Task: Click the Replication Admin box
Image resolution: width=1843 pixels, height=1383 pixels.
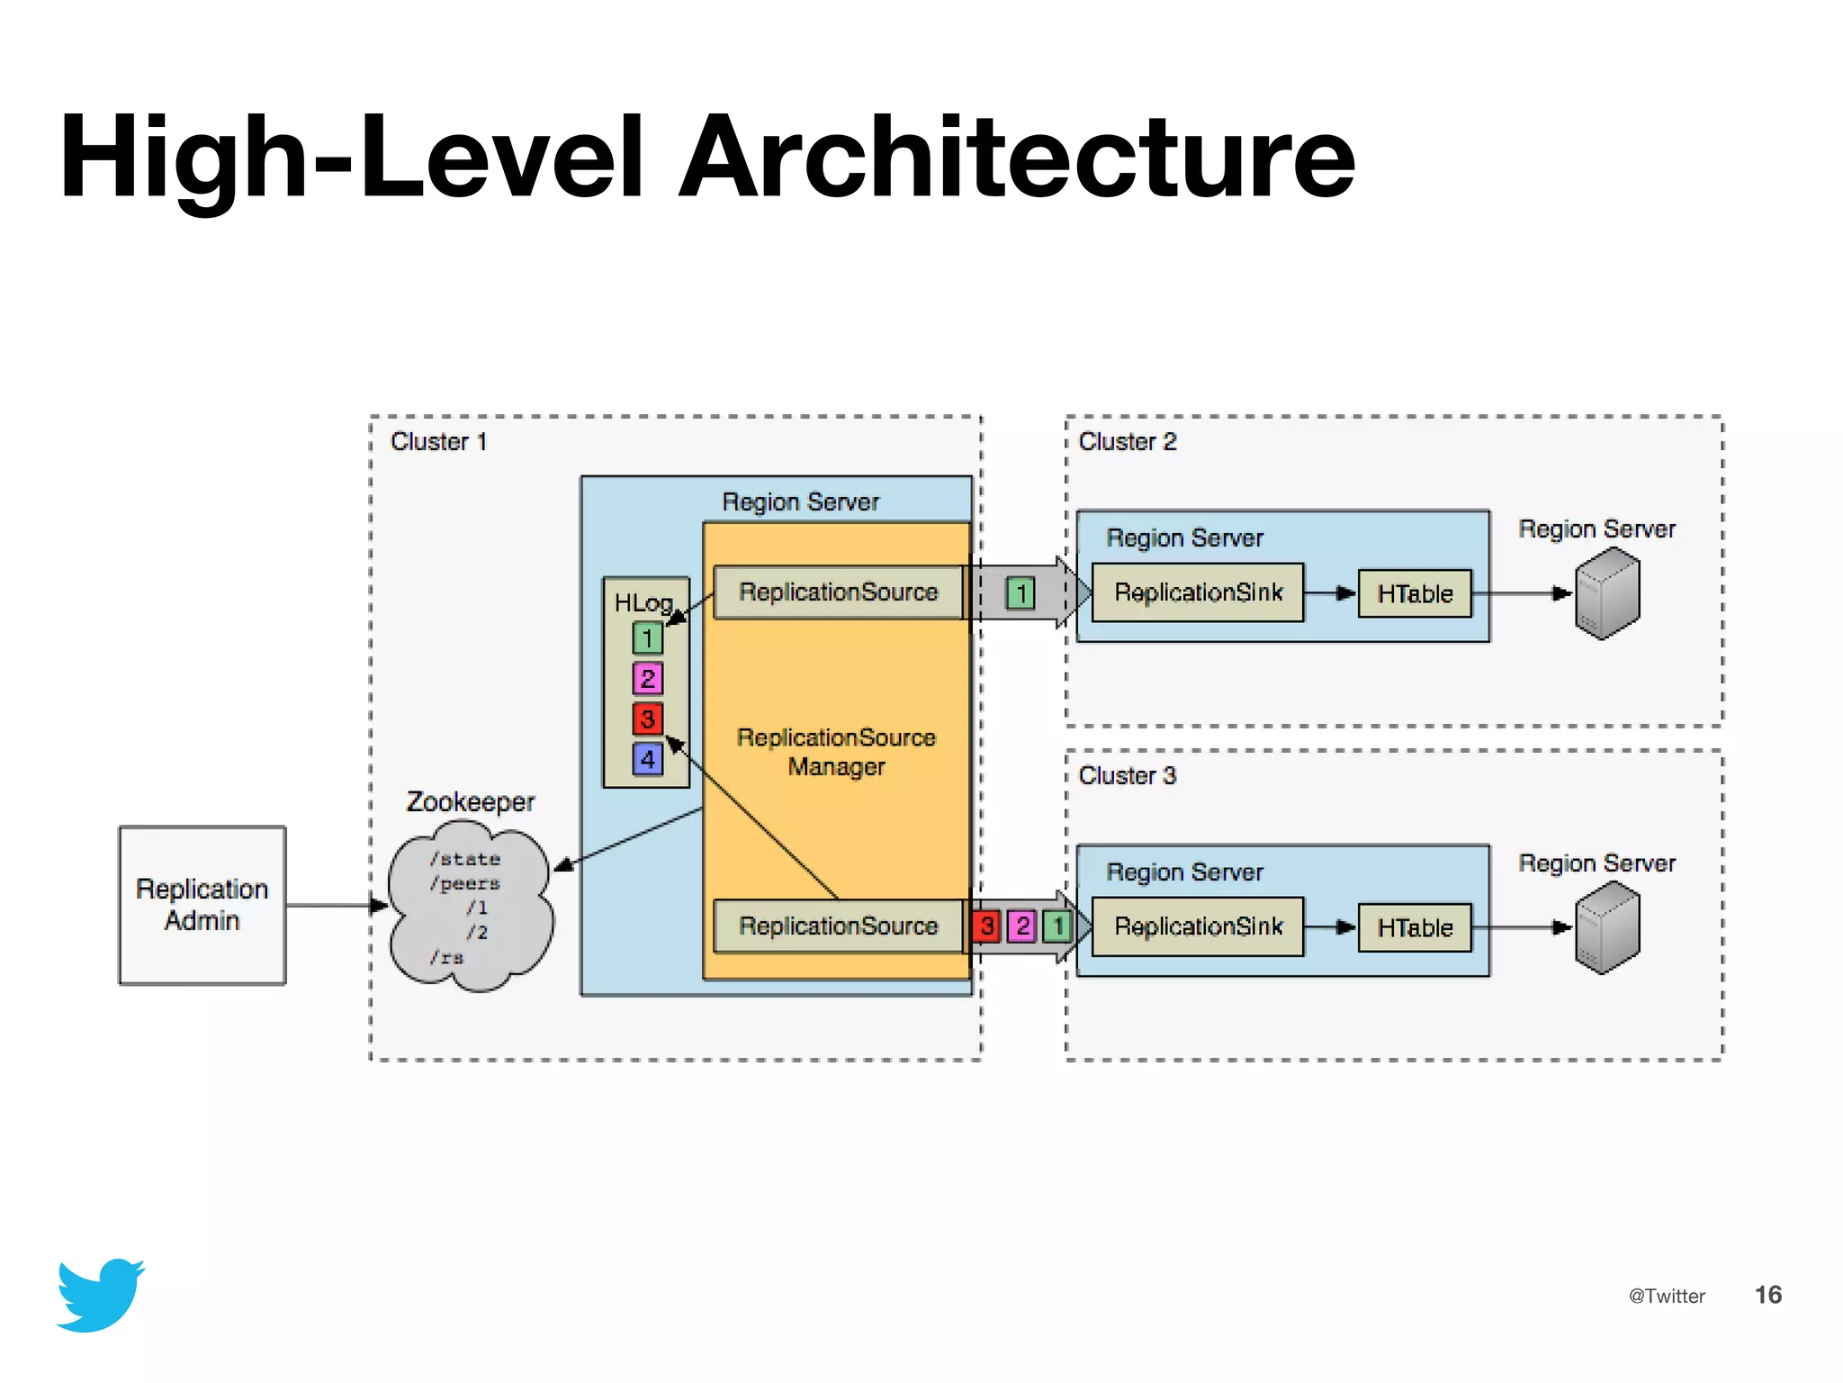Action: [202, 905]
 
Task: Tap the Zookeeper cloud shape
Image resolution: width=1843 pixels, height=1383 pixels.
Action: [470, 905]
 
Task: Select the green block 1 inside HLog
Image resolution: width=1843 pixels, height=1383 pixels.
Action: [647, 638]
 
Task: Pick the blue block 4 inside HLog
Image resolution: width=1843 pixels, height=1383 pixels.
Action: [647, 759]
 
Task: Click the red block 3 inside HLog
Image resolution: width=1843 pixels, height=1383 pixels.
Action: [647, 719]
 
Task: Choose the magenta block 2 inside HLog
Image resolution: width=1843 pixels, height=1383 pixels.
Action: [647, 678]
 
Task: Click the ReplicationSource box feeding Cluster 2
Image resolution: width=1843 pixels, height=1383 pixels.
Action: [838, 592]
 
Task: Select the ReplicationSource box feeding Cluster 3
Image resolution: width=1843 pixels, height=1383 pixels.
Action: [838, 926]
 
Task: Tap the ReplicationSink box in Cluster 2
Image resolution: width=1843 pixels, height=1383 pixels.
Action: [1198, 592]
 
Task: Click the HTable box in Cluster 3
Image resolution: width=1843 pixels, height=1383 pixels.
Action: [1415, 927]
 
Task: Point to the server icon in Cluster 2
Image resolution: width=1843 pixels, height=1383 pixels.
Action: [1607, 593]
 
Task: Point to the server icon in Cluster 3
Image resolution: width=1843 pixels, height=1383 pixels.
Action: [1607, 927]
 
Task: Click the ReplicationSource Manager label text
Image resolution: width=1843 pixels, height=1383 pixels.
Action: [836, 752]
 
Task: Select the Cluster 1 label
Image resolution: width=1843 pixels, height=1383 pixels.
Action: [438, 441]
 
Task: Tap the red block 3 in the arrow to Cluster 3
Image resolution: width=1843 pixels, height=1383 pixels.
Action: [987, 926]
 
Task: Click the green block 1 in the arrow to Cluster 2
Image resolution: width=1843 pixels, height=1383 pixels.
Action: [1020, 593]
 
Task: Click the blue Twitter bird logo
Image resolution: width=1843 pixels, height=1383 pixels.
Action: [100, 1295]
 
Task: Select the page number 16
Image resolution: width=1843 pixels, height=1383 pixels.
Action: [1767, 1295]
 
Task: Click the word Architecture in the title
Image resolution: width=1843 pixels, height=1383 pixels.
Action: [1017, 158]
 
